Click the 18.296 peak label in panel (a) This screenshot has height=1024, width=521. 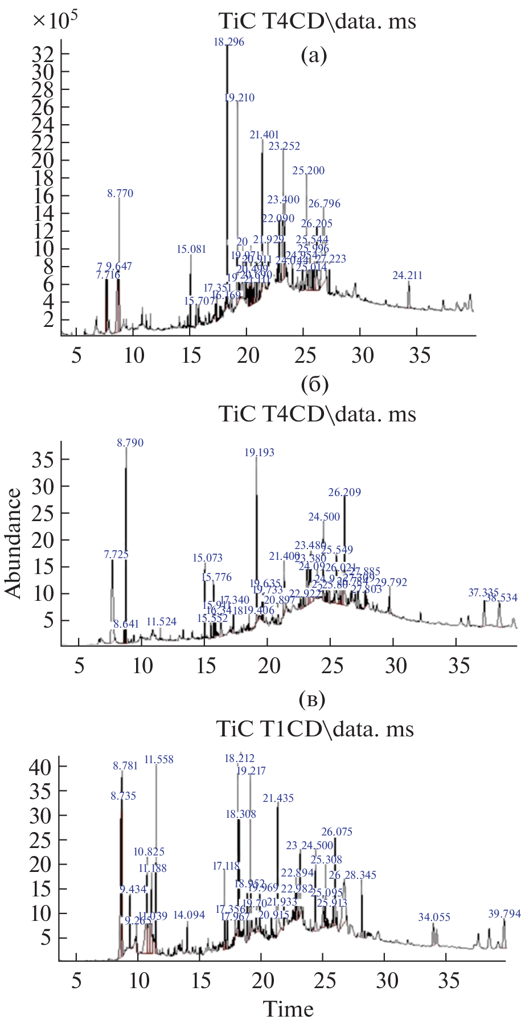[x=229, y=42]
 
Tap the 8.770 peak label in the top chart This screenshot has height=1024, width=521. [x=120, y=194]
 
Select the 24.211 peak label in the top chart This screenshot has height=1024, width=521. [x=408, y=276]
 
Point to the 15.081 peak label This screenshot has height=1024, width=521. [x=191, y=249]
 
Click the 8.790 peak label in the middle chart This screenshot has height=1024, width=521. [x=130, y=443]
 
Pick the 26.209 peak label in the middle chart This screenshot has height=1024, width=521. [x=345, y=493]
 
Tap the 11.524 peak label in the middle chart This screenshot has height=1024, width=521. [x=162, y=622]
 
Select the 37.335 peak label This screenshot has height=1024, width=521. [x=483, y=593]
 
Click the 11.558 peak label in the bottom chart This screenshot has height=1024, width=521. [x=159, y=760]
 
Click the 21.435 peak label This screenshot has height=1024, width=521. [x=278, y=798]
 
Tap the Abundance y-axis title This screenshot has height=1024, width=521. [x=14, y=543]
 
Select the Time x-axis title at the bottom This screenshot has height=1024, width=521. [x=289, y=1009]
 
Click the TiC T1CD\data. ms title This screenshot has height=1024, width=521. [x=315, y=729]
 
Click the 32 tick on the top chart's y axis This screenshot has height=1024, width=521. [x=43, y=54]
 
